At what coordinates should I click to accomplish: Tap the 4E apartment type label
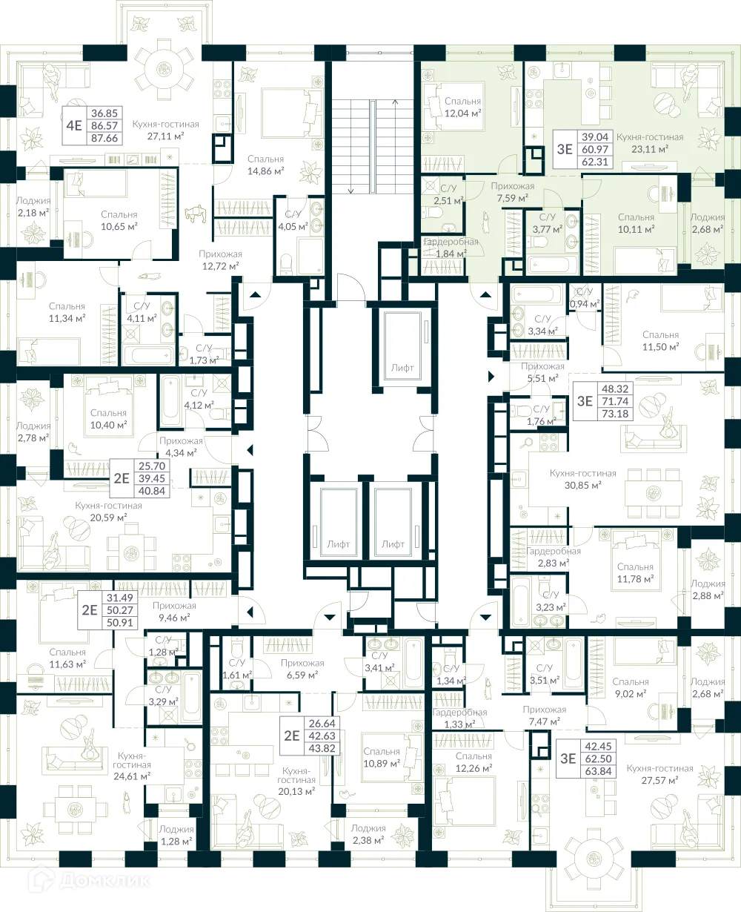tap(73, 125)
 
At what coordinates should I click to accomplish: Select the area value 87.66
tap(104, 138)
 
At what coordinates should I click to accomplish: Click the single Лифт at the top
tap(402, 367)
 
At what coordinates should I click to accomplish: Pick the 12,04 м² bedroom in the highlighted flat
tap(463, 108)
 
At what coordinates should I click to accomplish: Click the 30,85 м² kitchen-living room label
tap(583, 479)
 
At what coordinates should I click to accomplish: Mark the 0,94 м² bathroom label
tap(585, 298)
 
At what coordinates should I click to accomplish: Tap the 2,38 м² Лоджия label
tap(368, 834)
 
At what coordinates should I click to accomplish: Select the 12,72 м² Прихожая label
tap(220, 259)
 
